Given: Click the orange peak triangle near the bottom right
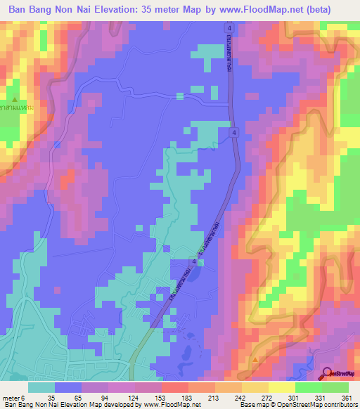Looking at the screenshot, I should pos(255,359).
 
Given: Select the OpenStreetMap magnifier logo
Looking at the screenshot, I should pos(328,374).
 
